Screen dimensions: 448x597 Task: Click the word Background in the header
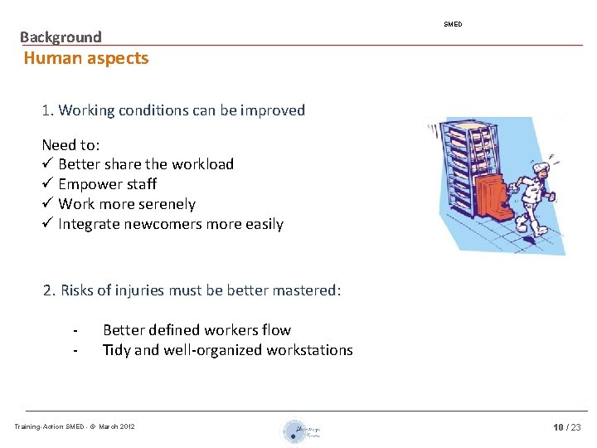[61, 37]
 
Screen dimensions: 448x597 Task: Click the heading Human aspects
[86, 58]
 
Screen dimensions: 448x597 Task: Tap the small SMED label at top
[453, 24]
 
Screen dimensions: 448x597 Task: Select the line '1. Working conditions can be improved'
[173, 110]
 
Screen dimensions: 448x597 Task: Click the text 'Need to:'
[70, 144]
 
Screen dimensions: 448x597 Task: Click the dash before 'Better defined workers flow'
[75, 331]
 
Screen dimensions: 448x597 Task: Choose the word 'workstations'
[309, 350]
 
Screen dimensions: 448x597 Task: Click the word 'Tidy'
[116, 350]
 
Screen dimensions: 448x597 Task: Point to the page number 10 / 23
[567, 426]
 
